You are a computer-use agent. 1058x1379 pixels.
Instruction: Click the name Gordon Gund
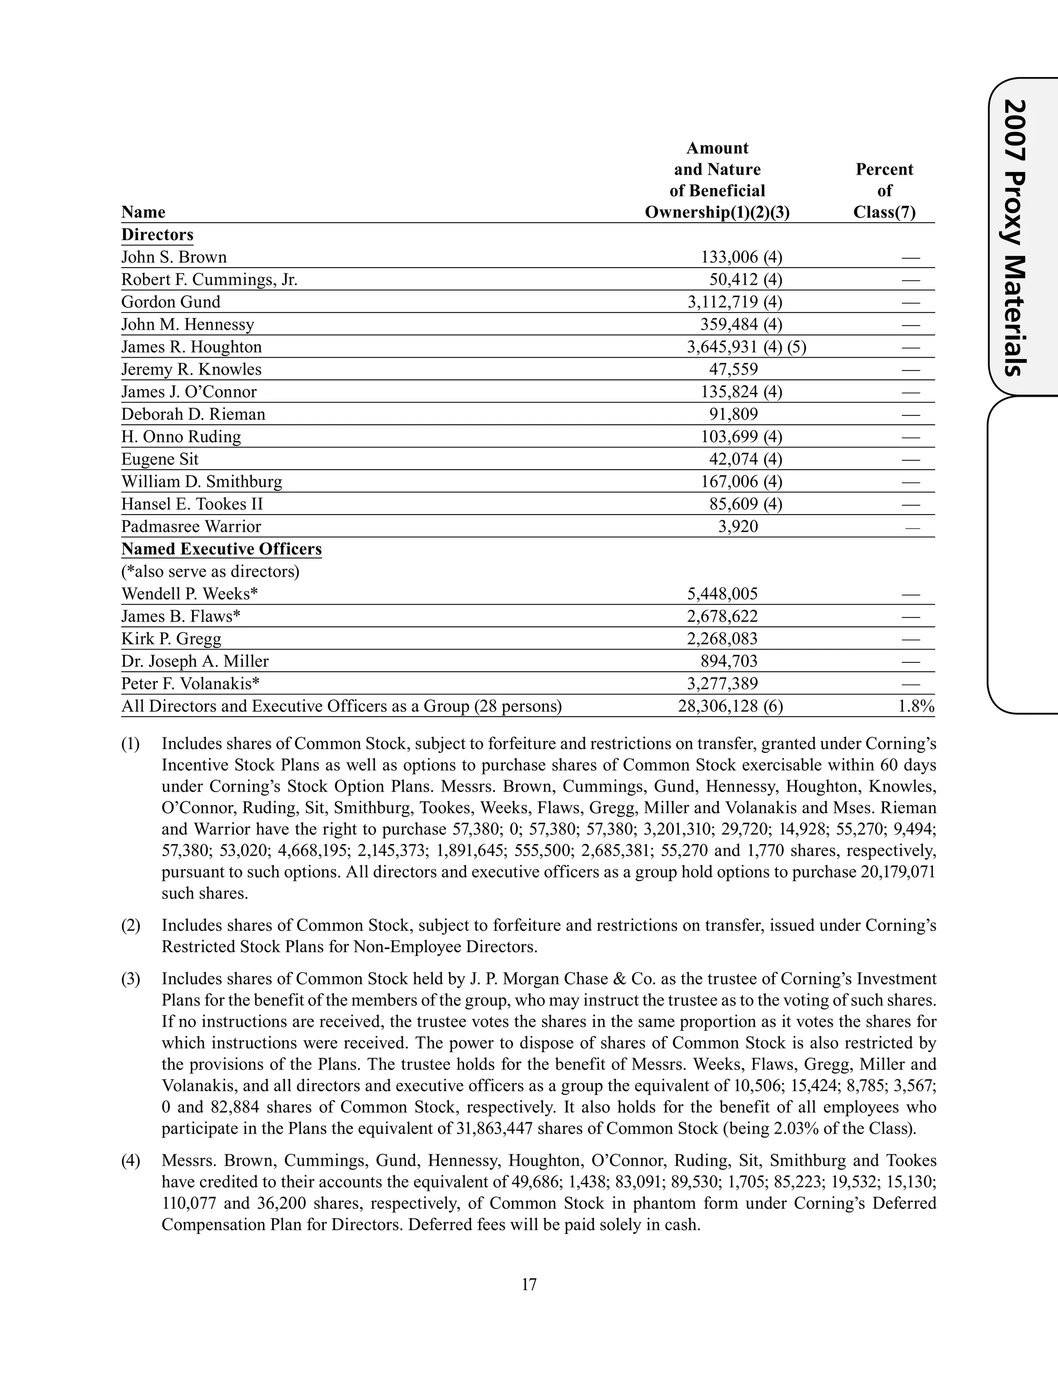tap(170, 302)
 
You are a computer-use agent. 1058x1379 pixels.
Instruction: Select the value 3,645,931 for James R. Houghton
tap(722, 347)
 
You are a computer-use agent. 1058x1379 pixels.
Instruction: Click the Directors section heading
tap(158, 235)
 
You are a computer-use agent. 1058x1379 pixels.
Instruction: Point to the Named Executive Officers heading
tap(221, 549)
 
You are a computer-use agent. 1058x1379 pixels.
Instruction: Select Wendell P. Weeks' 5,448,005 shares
tap(722, 594)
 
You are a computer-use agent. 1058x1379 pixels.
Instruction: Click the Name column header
tap(143, 212)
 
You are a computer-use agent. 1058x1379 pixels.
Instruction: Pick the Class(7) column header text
tap(884, 212)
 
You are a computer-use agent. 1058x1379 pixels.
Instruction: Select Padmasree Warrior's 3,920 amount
tap(738, 526)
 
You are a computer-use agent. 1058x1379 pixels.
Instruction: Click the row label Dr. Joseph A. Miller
tap(195, 661)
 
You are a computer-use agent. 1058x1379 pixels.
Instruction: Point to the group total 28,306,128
tap(718, 706)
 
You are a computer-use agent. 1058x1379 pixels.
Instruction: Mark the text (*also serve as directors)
tap(210, 572)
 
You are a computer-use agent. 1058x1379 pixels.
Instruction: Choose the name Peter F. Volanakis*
tap(190, 684)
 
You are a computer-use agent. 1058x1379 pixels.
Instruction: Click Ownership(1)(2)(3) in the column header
tap(717, 212)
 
